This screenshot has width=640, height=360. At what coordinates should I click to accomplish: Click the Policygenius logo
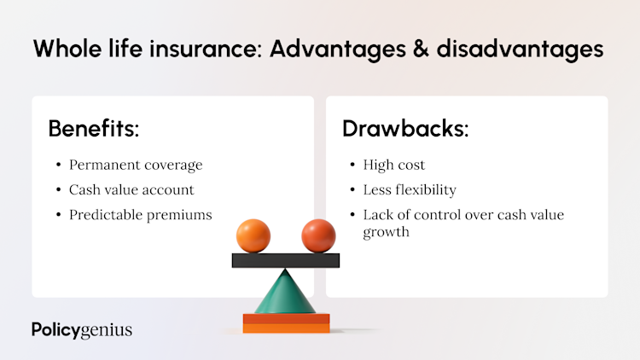81,329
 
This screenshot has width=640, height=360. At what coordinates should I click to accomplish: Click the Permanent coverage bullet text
135,165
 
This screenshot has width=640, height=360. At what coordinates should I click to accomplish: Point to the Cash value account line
131,189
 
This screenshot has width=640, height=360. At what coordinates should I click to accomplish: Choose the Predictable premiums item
140,215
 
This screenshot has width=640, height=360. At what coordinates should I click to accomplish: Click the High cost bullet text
394,165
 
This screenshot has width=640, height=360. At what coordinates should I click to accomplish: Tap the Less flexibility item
408,189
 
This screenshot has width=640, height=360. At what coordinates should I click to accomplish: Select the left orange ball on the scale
253,235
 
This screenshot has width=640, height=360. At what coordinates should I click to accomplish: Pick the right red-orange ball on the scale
318,235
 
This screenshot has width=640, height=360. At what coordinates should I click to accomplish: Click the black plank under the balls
286,260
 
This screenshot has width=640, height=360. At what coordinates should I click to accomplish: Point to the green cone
286,293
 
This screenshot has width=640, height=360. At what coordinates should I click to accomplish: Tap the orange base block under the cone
286,322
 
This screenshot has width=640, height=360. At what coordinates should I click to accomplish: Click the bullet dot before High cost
353,165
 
